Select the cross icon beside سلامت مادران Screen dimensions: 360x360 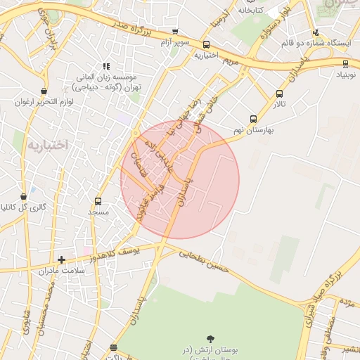point(61,259)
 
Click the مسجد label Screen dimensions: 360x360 point(98,211)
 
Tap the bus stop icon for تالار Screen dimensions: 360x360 point(280,94)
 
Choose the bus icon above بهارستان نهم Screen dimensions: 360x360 point(253,119)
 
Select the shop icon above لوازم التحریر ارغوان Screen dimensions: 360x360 point(44,91)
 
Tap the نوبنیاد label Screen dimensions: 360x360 point(345,72)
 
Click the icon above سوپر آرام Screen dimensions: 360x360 point(175,32)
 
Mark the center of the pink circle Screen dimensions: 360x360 point(180,180)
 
